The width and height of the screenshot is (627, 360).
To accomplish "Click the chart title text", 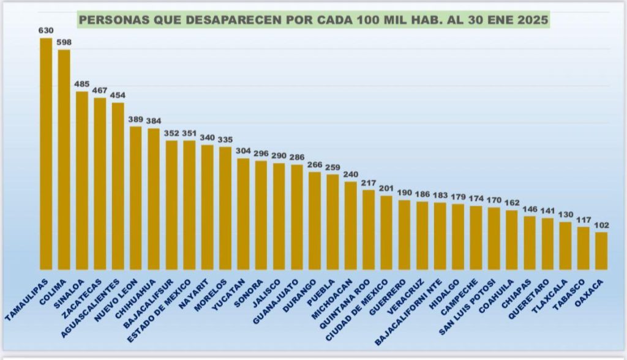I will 313,19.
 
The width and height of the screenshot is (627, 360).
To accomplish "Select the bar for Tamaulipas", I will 46,153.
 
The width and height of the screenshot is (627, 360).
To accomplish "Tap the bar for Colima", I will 64,159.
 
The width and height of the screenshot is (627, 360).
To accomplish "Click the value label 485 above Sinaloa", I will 81,83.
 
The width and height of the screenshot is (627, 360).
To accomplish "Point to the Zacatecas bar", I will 100,183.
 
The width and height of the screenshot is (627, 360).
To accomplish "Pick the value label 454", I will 118,95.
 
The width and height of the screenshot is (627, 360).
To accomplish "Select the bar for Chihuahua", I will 154,198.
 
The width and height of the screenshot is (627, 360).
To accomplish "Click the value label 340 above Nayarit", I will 208,137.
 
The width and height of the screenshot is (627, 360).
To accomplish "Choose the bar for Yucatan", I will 244,214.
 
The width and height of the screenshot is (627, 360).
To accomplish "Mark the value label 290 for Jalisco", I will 279,156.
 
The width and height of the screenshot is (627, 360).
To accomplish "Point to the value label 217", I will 369,182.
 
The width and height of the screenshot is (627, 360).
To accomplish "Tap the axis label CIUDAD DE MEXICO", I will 359,310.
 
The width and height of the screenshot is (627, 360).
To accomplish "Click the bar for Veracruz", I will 422,235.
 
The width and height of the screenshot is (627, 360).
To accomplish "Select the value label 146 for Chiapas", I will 530,209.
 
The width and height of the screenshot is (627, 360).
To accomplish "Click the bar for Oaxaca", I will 601,250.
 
